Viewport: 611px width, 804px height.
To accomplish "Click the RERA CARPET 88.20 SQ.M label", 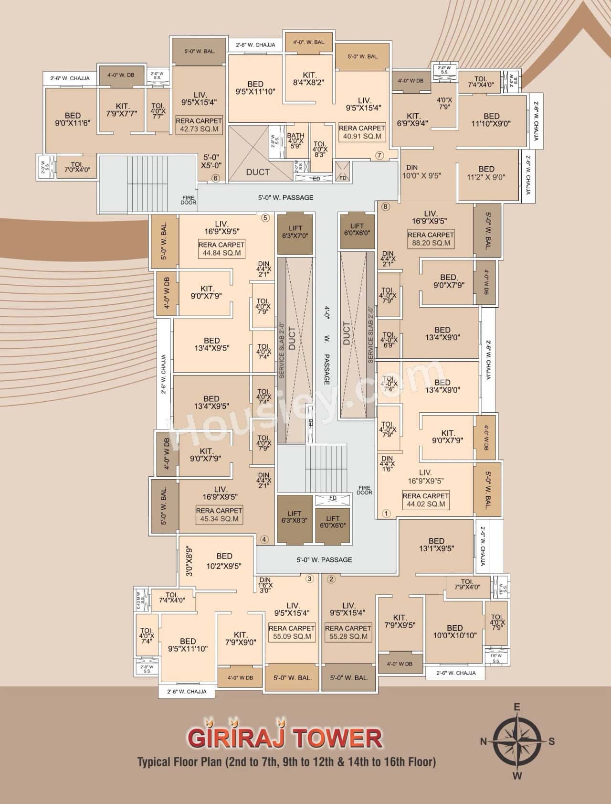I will [431, 239].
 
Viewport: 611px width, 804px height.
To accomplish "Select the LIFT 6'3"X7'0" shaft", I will [295, 232].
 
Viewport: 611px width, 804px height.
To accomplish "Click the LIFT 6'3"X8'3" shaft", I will [295, 519].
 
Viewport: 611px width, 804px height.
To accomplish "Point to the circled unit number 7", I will [379, 155].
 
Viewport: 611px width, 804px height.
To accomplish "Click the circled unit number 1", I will [386, 514].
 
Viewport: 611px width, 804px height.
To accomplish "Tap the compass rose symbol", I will [517, 741].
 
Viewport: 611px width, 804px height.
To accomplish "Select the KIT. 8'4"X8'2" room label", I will [309, 78].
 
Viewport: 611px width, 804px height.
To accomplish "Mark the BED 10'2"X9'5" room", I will [224, 561].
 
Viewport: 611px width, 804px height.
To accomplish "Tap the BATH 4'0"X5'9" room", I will [295, 141].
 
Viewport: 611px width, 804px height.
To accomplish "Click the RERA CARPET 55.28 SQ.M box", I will [348, 632].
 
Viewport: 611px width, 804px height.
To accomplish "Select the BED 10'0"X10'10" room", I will [454, 632].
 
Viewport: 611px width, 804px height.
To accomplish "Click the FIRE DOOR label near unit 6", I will [188, 200].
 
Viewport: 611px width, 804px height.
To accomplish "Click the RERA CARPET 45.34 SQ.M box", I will [219, 515].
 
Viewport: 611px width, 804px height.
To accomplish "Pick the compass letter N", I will [483, 741].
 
